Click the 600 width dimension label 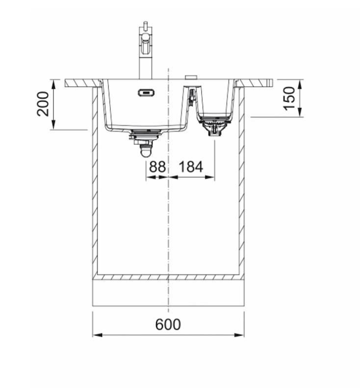click(168, 324)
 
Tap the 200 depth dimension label click(44, 103)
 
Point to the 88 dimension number click(157, 167)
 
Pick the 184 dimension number click(191, 167)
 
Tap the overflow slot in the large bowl click(146, 92)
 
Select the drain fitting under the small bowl click(214, 126)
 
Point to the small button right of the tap click(191, 77)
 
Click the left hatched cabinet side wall click(95, 181)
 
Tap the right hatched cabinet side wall click(241, 181)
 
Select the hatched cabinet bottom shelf click(168, 277)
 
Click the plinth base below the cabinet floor click(168, 293)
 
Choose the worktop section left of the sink click(81, 83)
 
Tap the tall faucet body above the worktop click(145, 66)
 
